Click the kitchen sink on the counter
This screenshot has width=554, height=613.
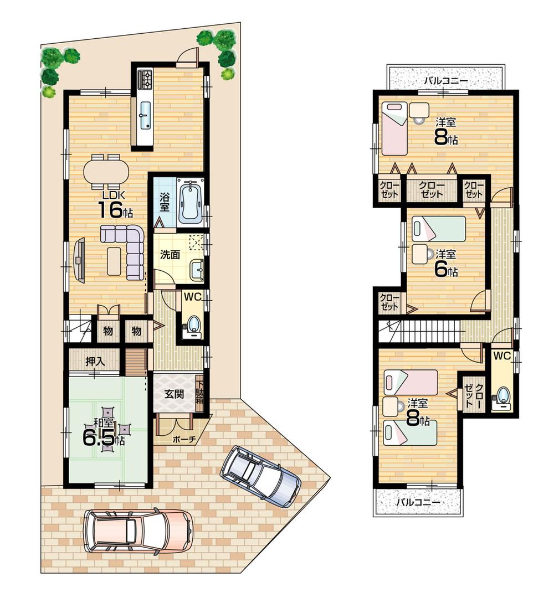145,115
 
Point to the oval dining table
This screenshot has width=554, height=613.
106,171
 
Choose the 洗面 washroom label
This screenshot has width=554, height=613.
170,255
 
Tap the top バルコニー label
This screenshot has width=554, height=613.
446,81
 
